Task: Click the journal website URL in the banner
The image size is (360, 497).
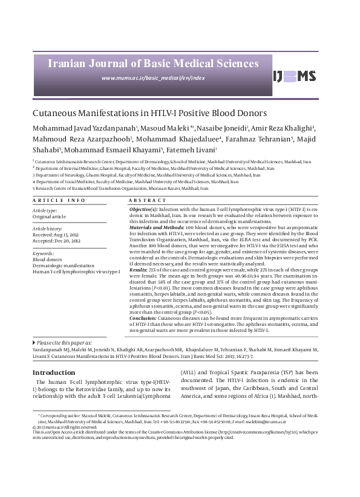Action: (153, 78)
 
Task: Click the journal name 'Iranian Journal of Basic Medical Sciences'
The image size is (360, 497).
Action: (153, 62)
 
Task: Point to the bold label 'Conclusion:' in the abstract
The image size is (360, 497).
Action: (144, 317)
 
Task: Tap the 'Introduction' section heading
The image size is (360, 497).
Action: (54, 372)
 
